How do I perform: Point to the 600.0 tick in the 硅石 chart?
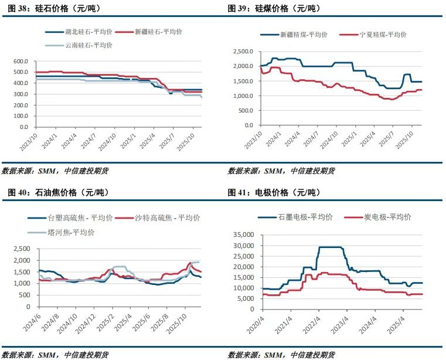(21, 61)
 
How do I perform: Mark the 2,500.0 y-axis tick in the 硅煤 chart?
(242, 52)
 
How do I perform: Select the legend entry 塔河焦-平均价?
(71, 233)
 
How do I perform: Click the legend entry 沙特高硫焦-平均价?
(167, 218)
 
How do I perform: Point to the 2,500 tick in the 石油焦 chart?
(22, 249)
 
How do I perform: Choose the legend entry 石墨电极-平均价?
(305, 217)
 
